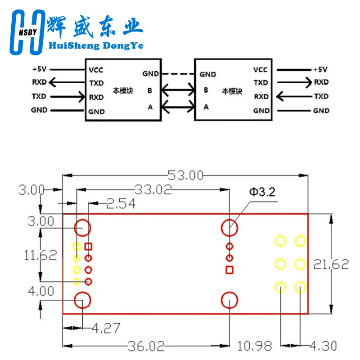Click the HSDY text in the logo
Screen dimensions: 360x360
point(27,32)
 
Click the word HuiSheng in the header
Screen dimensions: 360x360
point(74,46)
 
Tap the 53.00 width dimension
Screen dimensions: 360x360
point(185,175)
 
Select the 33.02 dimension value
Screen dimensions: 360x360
point(153,189)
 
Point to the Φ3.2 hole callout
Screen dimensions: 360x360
point(262,192)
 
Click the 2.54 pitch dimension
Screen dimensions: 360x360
point(121,203)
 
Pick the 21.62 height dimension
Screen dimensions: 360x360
point(331,264)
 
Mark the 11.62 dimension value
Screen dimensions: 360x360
point(40,255)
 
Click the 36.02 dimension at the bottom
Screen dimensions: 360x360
point(146,346)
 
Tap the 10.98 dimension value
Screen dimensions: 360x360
point(254,346)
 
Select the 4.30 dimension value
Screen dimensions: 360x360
point(323,346)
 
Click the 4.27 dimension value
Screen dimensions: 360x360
point(106,328)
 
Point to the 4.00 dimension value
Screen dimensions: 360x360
point(41,291)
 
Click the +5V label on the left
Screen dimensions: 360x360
point(40,69)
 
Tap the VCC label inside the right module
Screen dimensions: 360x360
point(261,70)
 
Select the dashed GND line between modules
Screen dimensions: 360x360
point(178,74)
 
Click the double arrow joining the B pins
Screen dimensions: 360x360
point(178,90)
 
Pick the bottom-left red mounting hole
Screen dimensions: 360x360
point(82,300)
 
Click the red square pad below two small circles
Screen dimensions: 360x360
point(229,270)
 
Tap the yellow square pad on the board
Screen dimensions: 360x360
point(76,247)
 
